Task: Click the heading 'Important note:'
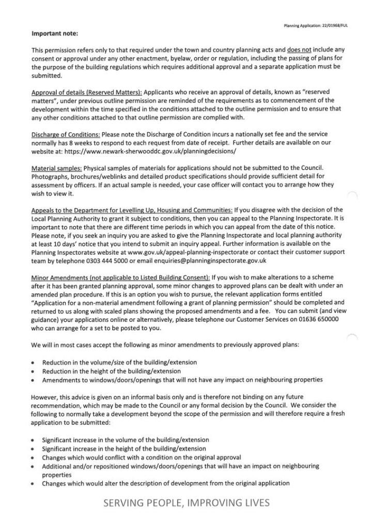55,34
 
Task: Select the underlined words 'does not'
298,50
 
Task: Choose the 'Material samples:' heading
57,168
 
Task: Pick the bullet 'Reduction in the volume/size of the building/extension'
119,362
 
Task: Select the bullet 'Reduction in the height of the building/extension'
112,371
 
